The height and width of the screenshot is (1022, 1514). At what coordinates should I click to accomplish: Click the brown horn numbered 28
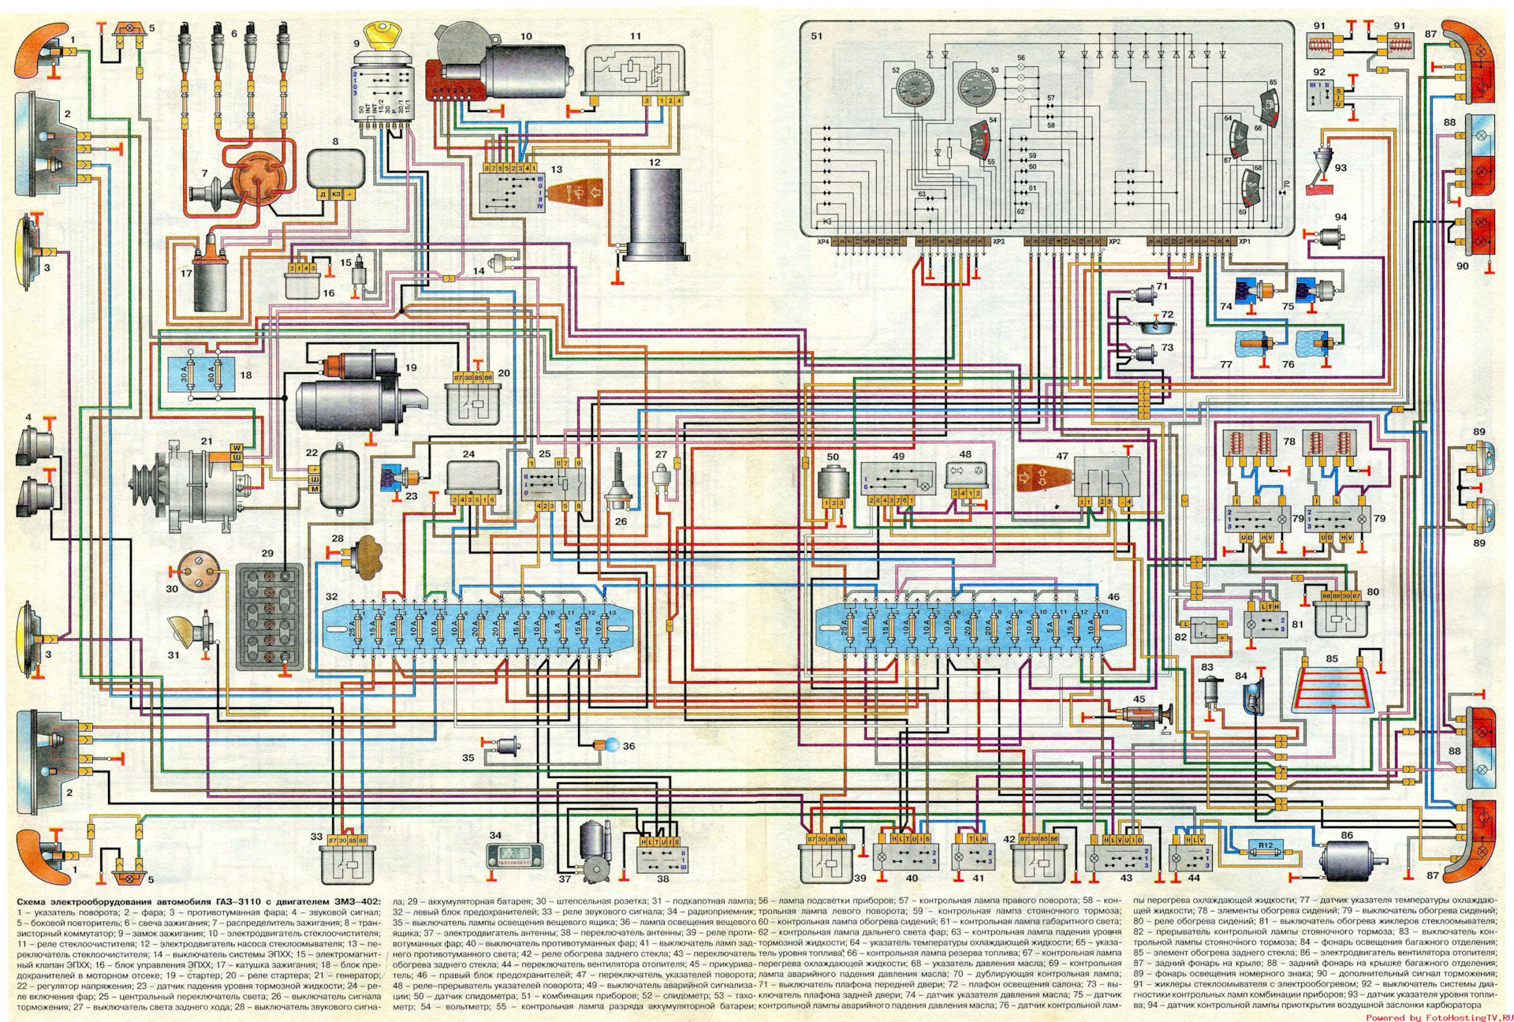tap(367, 554)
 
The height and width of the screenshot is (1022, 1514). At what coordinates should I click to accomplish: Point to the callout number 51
tap(816, 35)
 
